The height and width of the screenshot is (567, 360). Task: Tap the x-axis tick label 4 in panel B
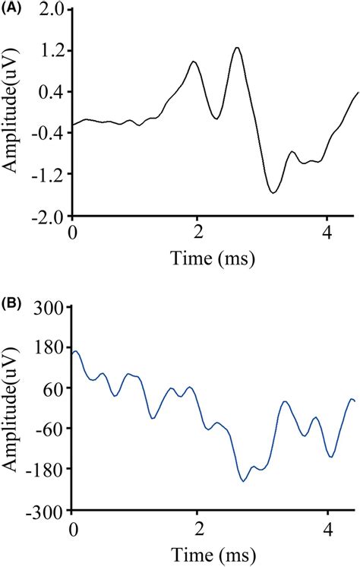point(327,527)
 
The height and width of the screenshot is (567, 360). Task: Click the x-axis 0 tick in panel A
point(73,230)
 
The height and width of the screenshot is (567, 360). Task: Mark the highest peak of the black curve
point(238,47)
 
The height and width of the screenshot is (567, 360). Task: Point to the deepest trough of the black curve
point(273,193)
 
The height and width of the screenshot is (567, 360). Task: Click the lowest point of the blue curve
point(243,481)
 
